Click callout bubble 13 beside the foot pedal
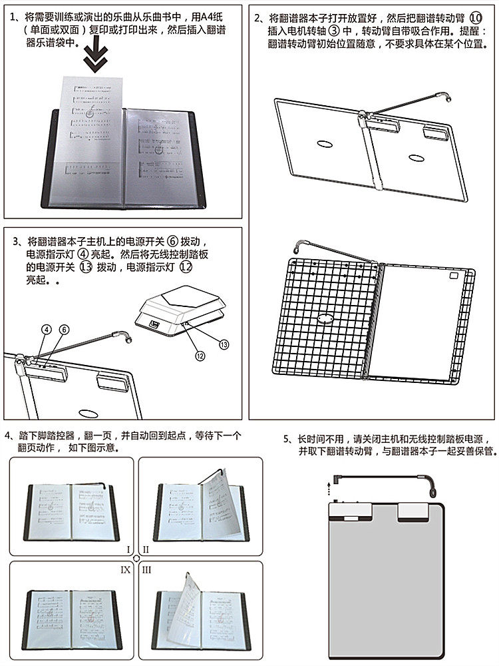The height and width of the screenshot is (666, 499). pos(224,344)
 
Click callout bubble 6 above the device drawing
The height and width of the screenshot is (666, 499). pos(65,330)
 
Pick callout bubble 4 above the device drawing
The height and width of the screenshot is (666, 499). pos(46,330)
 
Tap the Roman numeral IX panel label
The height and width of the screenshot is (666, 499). pos(125,570)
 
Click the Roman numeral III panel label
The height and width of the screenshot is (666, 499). pos(146,570)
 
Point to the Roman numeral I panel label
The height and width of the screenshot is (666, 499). pos(127,550)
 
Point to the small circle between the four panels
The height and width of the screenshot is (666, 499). pos(136,559)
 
